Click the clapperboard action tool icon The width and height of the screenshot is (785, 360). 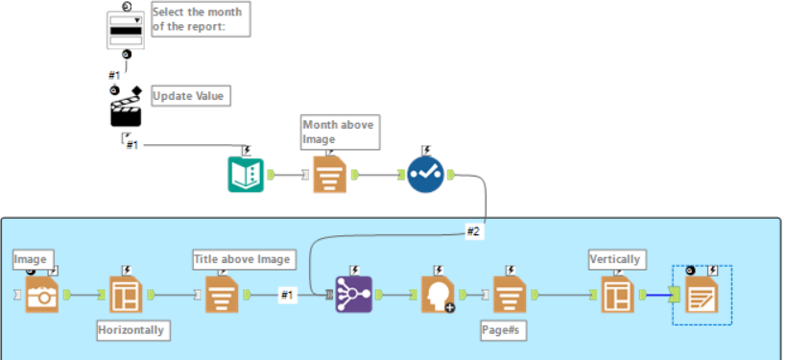[x=126, y=109]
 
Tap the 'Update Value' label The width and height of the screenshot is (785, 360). [x=191, y=97]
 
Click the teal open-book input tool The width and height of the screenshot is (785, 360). [x=246, y=175]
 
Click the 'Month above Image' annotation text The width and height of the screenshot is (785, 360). [x=339, y=132]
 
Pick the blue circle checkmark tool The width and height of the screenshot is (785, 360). [x=425, y=175]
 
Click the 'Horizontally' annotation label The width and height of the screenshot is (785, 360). [x=131, y=330]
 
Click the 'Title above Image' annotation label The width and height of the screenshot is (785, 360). [x=241, y=258]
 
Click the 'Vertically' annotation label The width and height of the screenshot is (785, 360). [x=615, y=259]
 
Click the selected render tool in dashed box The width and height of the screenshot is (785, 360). [x=702, y=297]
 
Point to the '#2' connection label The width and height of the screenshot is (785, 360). [x=474, y=231]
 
